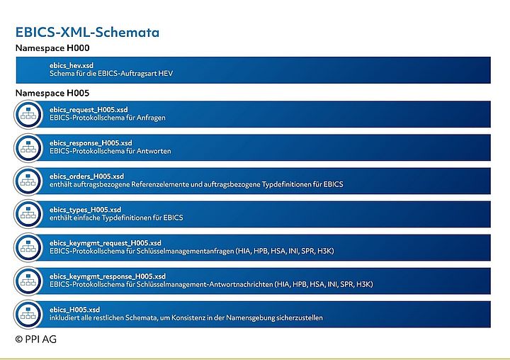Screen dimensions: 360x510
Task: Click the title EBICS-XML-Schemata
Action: click(87, 33)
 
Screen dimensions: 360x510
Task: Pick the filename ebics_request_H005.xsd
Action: click(89, 109)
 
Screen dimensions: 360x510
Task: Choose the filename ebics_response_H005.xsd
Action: click(91, 142)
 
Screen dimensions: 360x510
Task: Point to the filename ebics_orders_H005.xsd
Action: click(86, 176)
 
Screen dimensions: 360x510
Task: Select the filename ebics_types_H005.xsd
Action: click(85, 209)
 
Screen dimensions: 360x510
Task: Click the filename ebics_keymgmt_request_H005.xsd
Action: click(106, 242)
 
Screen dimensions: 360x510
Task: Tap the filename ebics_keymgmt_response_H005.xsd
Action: click(108, 276)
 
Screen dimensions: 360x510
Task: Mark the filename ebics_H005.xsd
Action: click(74, 309)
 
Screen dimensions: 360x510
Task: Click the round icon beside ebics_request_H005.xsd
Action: click(29, 114)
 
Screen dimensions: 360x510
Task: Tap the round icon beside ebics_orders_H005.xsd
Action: click(29, 181)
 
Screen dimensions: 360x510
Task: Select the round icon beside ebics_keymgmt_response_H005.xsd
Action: click(29, 281)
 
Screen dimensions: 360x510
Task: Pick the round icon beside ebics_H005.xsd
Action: click(29, 314)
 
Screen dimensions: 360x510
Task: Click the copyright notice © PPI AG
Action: click(36, 339)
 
